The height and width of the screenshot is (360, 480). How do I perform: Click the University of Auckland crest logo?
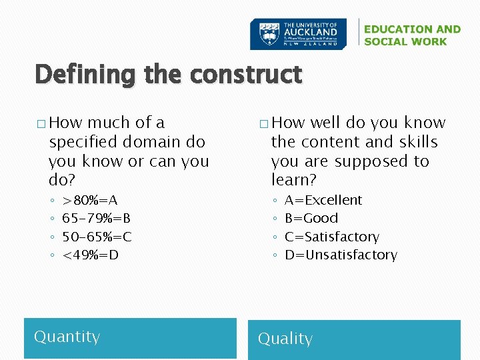(x=265, y=34)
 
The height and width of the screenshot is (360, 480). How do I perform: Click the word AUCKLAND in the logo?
(x=311, y=31)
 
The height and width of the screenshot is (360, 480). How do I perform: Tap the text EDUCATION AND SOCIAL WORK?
(x=412, y=35)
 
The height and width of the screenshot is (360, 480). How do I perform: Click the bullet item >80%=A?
(x=89, y=200)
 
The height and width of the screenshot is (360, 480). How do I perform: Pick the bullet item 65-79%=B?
(x=96, y=218)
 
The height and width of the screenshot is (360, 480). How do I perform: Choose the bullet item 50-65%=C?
(x=97, y=237)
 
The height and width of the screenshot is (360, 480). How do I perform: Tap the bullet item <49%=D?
(x=90, y=255)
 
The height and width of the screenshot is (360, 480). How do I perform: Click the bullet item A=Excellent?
(x=323, y=200)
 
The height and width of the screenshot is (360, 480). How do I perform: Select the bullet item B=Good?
(x=311, y=218)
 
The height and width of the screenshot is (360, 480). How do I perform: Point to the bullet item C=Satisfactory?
(x=331, y=237)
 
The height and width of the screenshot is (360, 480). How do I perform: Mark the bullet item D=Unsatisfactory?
(x=340, y=255)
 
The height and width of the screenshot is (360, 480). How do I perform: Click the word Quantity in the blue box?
(x=67, y=337)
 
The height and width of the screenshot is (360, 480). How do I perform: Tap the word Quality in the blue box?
(x=285, y=339)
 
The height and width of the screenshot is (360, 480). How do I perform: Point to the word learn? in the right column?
(x=293, y=180)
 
